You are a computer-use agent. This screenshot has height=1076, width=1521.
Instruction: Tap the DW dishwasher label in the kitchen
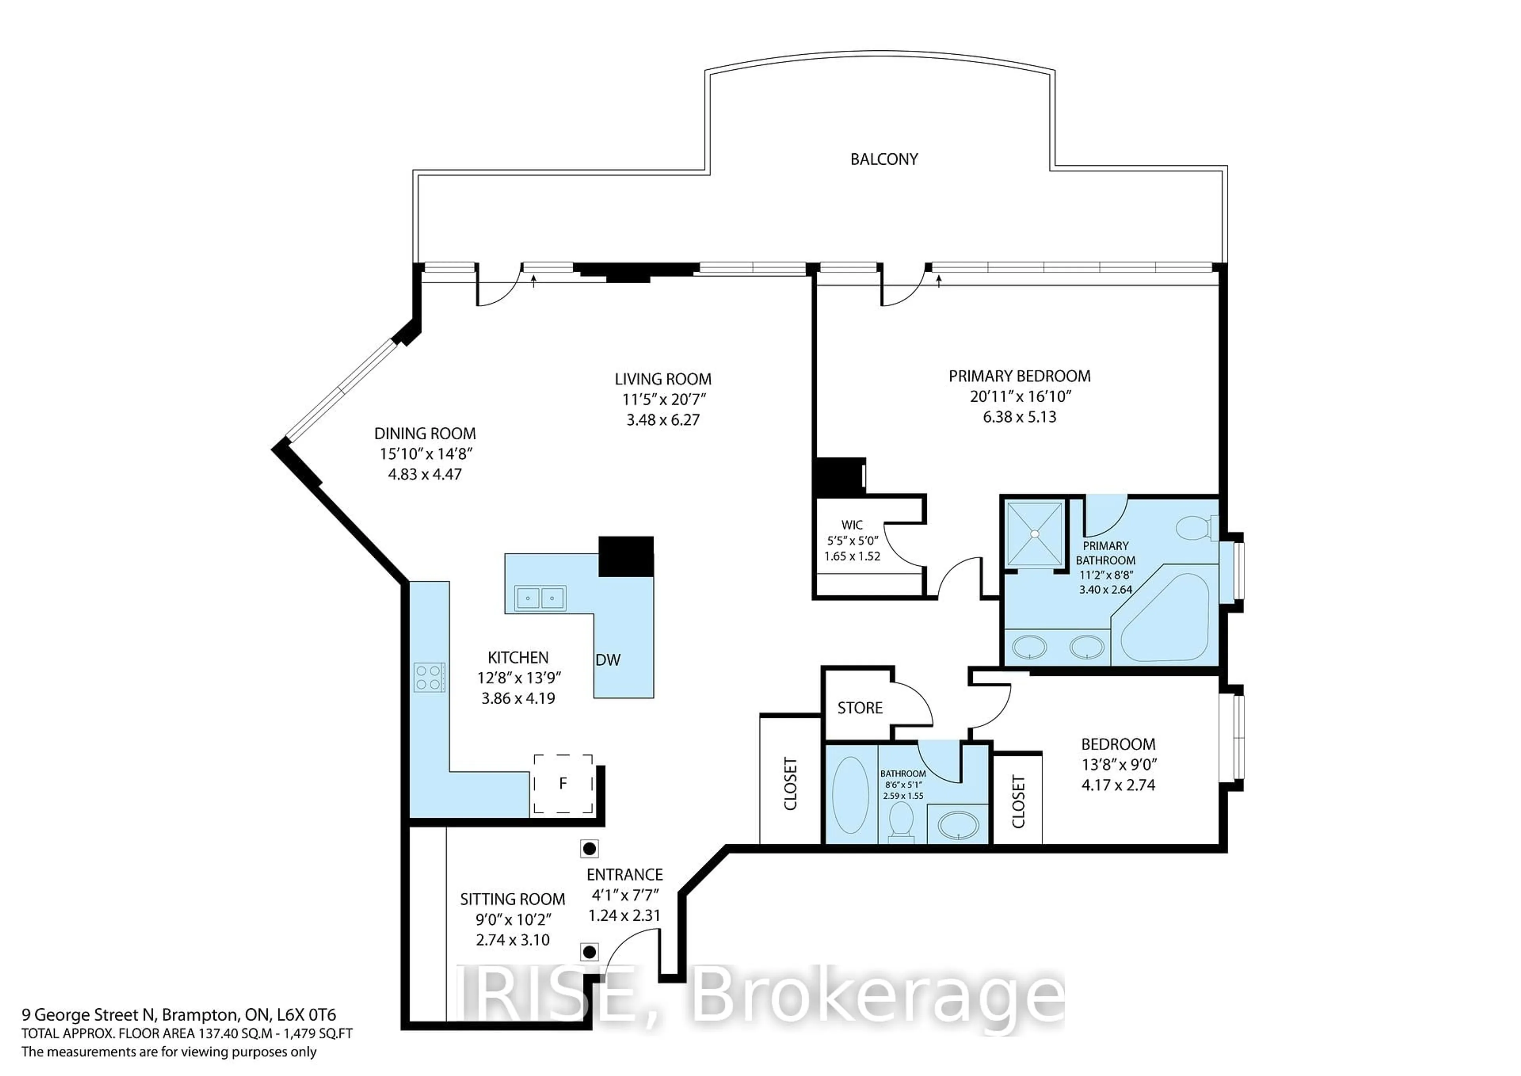pyautogui.click(x=608, y=660)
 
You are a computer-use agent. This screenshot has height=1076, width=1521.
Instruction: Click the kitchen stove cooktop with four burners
pyautogui.click(x=428, y=677)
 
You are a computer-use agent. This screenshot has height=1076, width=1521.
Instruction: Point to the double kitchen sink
pyautogui.click(x=540, y=598)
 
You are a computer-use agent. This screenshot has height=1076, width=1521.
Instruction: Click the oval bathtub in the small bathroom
pyautogui.click(x=850, y=796)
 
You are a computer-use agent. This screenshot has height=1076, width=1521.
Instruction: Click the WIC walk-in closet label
pyautogui.click(x=852, y=525)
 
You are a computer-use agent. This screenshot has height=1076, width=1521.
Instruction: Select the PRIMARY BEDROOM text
pyautogui.click(x=1019, y=376)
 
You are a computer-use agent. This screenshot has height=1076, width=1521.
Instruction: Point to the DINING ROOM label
pyautogui.click(x=425, y=433)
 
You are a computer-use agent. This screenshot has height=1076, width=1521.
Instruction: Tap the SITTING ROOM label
pyautogui.click(x=512, y=899)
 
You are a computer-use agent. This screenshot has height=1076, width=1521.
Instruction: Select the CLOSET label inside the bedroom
pyautogui.click(x=1018, y=802)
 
